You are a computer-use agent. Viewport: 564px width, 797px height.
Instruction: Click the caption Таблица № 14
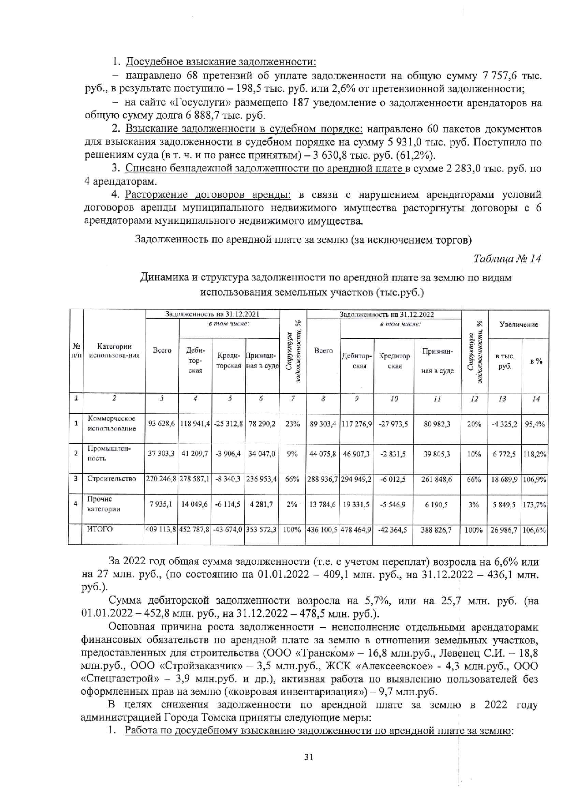coord(507,259)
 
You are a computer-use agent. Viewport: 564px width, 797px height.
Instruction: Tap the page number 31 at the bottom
coord(309,757)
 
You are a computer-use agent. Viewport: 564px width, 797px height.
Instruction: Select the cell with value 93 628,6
coord(162,424)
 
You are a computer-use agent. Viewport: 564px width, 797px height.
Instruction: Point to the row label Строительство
coord(111,479)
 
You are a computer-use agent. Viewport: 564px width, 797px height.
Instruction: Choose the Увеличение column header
coord(519,324)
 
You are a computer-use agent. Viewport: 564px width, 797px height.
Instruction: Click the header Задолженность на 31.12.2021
coord(212,314)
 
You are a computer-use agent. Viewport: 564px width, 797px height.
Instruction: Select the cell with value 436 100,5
coord(323,530)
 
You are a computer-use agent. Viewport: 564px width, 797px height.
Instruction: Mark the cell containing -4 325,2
coord(504,424)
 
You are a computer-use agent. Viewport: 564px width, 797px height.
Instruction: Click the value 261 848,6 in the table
coord(437,479)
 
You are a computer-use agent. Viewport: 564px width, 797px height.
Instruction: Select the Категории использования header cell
coord(114,351)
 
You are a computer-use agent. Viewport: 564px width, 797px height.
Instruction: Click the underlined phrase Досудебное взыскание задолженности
coord(221,62)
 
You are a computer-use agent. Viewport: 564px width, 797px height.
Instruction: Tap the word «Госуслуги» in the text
coord(174,102)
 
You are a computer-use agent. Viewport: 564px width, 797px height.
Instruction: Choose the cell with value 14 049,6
coord(195,504)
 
